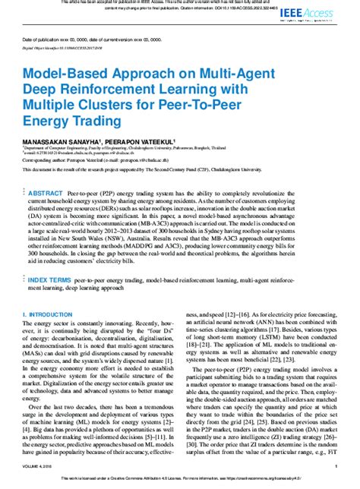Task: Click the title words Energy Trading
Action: click(x=73, y=121)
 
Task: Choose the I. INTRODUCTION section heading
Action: click(x=49, y=292)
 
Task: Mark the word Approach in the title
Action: click(x=135, y=73)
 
